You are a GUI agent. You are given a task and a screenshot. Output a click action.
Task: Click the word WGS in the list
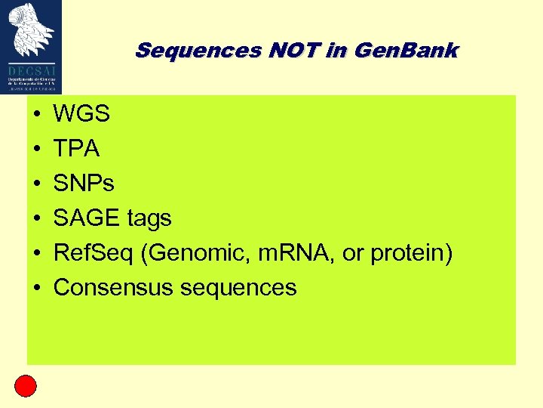pos(82,115)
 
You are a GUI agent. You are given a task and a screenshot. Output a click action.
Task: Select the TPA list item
pos(77,150)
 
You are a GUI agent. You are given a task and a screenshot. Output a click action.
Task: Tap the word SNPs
pos(84,184)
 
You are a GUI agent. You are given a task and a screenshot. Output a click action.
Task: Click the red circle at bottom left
pos(26,386)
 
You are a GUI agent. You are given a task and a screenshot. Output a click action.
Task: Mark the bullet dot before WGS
pos(36,116)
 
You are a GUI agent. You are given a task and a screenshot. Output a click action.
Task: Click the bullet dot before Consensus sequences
pos(36,289)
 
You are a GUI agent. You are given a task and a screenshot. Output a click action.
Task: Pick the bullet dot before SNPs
pos(36,185)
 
